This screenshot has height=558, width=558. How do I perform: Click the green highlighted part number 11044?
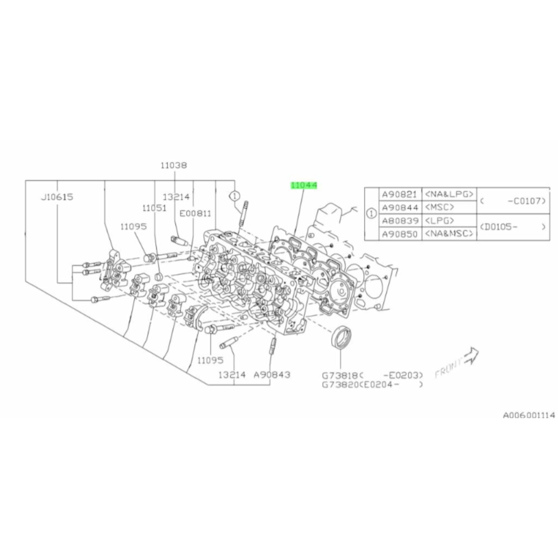(304, 185)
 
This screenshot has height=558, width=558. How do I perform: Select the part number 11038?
(174, 165)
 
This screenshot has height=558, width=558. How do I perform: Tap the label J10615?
(57, 197)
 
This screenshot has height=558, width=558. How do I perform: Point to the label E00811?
(196, 213)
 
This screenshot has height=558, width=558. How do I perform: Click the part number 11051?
(154, 208)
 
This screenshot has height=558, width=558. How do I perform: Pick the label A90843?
(272, 375)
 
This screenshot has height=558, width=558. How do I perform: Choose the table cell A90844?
(400, 207)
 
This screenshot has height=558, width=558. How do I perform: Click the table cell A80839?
(400, 221)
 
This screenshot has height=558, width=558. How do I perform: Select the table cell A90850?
(400, 234)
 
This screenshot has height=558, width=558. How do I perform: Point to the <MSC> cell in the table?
(440, 207)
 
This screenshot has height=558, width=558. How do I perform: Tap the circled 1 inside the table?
(371, 214)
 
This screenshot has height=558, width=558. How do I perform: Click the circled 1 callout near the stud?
(235, 196)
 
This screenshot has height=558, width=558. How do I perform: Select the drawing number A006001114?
(529, 415)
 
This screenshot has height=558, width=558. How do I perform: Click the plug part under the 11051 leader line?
(159, 277)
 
